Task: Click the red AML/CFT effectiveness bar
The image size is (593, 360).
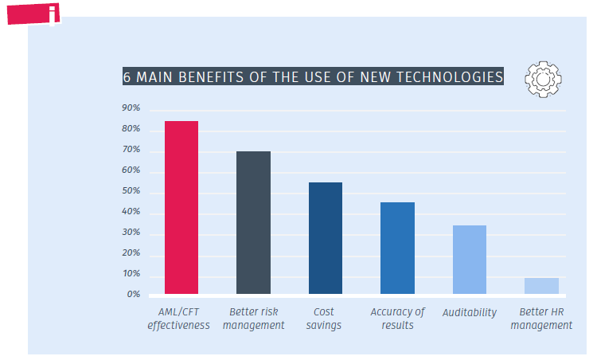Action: [181, 207]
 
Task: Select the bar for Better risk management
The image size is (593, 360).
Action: [253, 222]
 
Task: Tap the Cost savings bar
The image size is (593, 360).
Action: [326, 238]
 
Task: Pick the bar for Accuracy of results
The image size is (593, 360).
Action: [397, 248]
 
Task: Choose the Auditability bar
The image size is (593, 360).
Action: [469, 260]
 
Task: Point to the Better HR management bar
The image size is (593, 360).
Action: [541, 286]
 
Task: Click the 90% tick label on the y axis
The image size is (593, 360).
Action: [131, 108]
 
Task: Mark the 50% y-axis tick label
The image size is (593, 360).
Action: [131, 192]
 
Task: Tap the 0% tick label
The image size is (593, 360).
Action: [133, 295]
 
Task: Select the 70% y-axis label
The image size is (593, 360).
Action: [131, 150]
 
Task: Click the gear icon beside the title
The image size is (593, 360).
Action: [543, 77]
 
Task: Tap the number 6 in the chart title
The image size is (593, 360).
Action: [127, 77]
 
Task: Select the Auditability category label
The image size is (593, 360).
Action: [469, 312]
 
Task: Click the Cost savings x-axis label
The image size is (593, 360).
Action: [323, 319]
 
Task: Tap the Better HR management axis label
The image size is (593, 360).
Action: [541, 319]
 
